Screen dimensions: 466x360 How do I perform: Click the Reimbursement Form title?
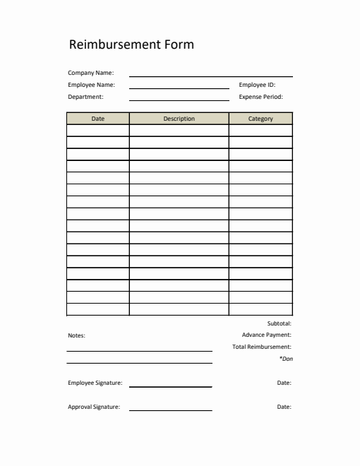[131, 44]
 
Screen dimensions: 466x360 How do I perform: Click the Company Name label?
[90, 73]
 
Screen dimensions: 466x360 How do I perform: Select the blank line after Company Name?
[210, 75]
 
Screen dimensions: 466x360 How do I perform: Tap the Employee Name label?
[91, 85]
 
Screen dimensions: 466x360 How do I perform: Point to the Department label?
[85, 97]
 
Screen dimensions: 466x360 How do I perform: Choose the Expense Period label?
[260, 97]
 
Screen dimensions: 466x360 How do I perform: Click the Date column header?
[98, 119]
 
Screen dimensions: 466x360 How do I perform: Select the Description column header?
[179, 119]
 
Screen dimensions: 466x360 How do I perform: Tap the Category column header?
[260, 119]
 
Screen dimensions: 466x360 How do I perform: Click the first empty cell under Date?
[98, 131]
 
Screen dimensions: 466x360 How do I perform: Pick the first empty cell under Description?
[179, 131]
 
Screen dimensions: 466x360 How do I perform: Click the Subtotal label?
[279, 323]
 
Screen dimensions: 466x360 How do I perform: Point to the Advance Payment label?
[266, 335]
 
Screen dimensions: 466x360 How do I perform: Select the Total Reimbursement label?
[261, 347]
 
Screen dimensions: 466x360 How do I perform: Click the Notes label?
[76, 336]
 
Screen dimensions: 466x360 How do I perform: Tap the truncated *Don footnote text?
[286, 359]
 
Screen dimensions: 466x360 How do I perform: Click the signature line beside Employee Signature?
[170, 386]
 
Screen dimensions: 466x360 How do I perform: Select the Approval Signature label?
[94, 407]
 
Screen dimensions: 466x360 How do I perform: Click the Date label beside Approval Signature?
[284, 407]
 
